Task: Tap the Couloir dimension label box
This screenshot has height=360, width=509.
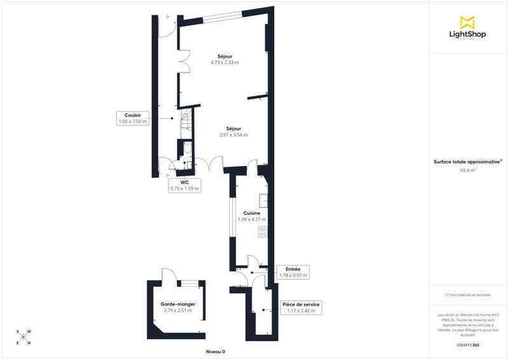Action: (132, 118)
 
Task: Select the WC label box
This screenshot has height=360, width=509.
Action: (185, 185)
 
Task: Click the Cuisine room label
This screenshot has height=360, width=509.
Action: (252, 213)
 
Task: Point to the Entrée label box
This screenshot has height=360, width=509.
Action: (293, 272)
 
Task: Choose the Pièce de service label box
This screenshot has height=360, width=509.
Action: (301, 308)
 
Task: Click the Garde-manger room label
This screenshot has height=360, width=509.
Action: (178, 305)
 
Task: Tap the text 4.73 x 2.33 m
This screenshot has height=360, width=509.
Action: (224, 62)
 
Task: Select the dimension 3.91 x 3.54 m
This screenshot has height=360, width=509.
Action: (234, 135)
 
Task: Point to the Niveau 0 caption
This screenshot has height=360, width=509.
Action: (216, 351)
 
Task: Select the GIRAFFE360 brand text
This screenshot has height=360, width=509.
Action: (468, 344)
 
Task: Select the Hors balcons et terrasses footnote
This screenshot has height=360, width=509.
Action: (468, 295)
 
